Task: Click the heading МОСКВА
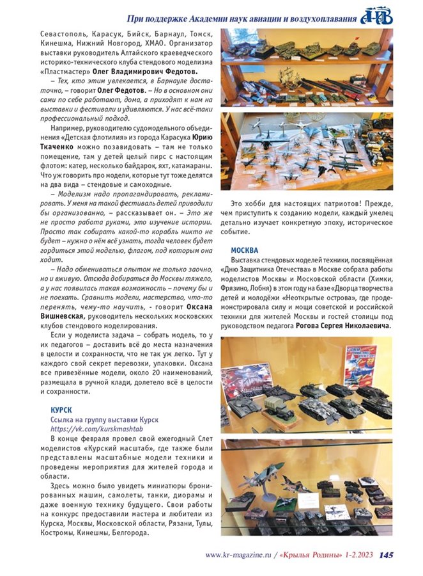[245, 250]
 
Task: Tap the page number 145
[385, 555]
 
